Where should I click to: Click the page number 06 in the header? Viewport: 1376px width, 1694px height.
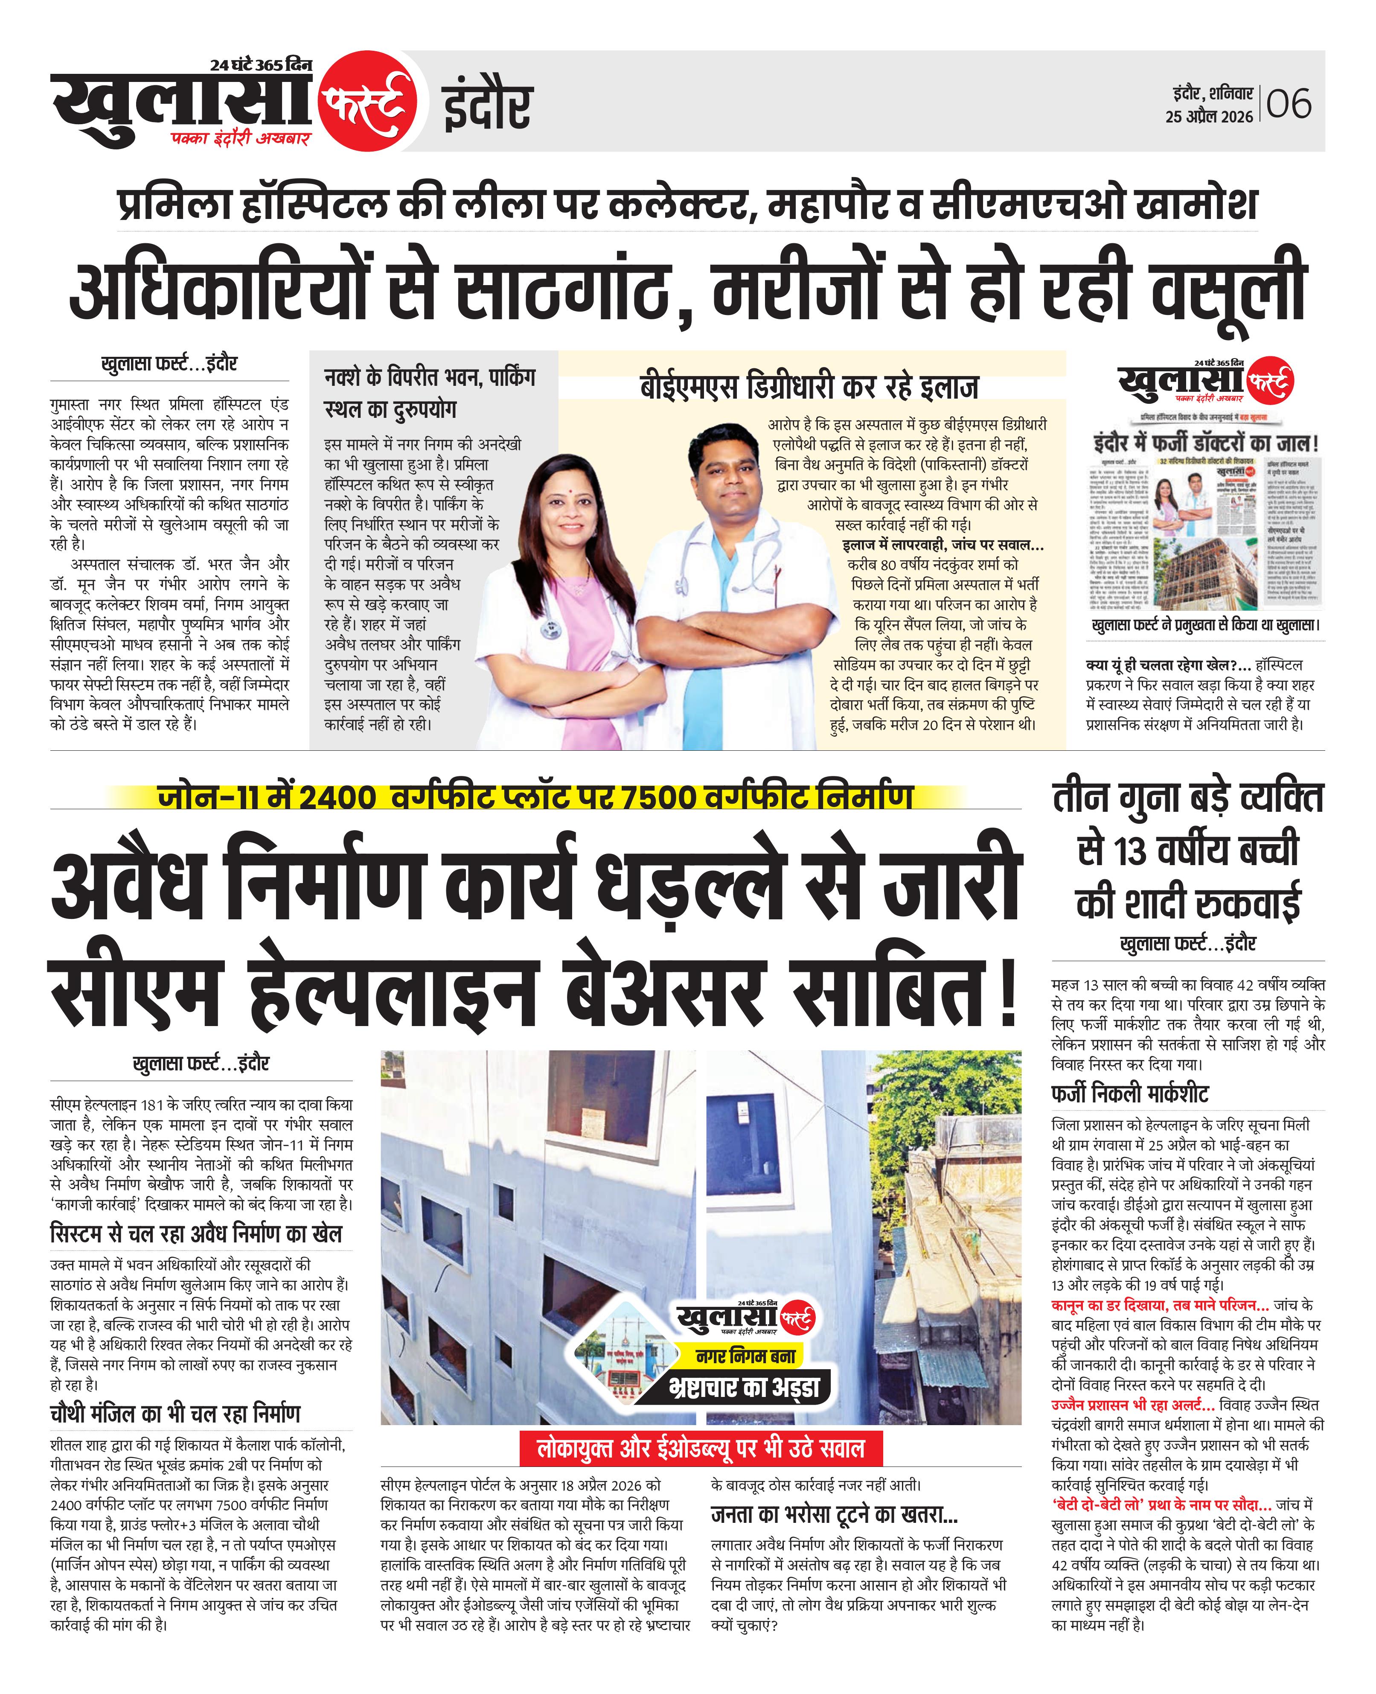1289,104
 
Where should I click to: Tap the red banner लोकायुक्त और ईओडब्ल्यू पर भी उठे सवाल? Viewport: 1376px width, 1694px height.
701,1448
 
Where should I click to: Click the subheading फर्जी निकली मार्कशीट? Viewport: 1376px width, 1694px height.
1129,1095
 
